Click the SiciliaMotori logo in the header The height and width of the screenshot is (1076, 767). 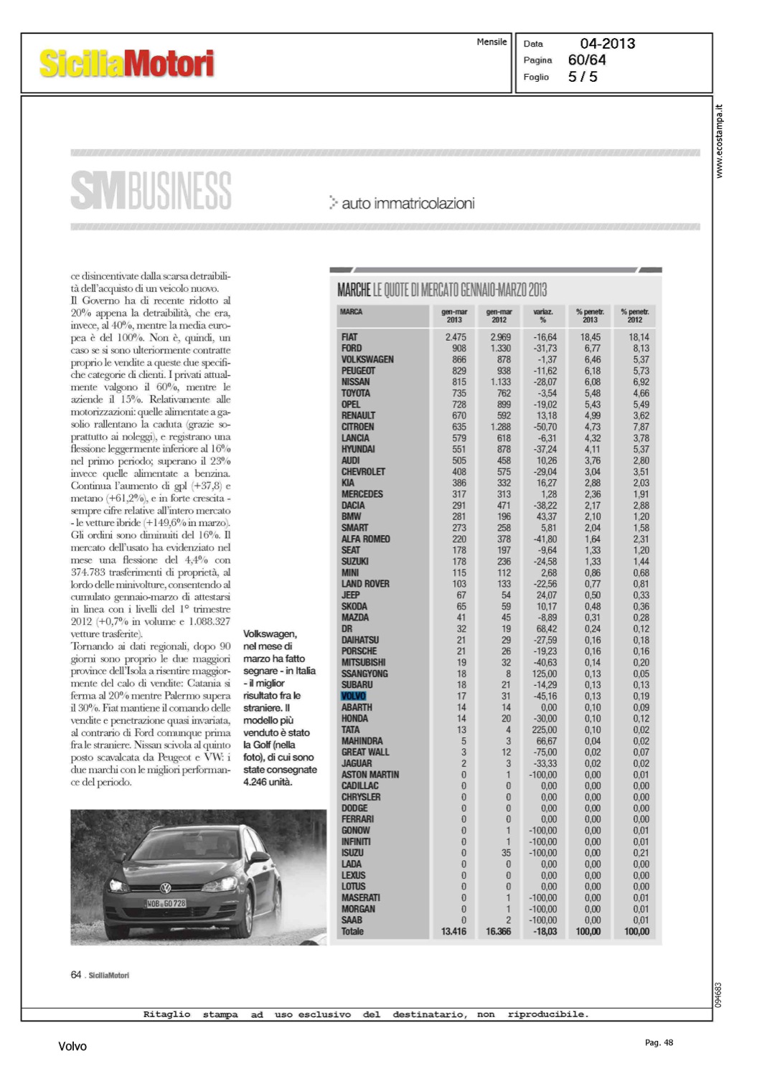[x=126, y=63]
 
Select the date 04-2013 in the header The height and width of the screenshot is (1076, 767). [x=607, y=44]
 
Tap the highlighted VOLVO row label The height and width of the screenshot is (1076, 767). [x=354, y=696]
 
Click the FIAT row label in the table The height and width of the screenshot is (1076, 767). [x=349, y=337]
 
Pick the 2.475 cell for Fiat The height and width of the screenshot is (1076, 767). [x=455, y=337]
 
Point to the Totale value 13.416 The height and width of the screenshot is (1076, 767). [x=453, y=931]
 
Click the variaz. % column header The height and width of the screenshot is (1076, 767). [x=543, y=316]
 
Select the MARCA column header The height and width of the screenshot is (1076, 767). [x=351, y=312]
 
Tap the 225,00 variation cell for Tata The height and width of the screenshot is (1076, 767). [x=545, y=730]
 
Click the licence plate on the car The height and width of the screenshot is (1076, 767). [x=166, y=903]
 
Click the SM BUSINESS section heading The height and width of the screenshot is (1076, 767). [x=151, y=190]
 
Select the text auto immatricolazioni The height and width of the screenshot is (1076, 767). [x=408, y=204]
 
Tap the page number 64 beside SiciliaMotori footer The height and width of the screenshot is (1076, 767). [x=76, y=975]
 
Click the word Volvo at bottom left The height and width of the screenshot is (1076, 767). [x=72, y=1047]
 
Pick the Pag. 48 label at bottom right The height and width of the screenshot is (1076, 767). [x=659, y=1043]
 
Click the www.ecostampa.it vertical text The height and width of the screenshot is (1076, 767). [x=720, y=141]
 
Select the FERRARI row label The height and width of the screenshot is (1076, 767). [x=357, y=819]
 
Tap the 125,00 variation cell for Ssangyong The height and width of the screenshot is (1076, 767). [x=545, y=674]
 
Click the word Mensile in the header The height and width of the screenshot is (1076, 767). [x=491, y=42]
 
